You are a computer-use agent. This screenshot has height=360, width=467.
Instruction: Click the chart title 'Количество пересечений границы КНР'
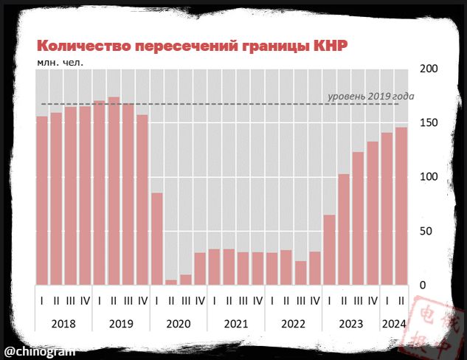192,46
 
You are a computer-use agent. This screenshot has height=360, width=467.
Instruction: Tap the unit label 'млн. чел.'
60,62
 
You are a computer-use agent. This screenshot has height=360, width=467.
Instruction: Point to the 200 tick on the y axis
429,69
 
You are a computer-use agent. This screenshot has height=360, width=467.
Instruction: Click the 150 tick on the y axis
429,123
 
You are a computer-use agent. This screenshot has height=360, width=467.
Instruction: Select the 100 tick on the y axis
429,177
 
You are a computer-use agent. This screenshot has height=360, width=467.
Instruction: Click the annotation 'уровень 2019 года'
370,97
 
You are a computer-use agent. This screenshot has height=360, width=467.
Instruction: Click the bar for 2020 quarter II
171,282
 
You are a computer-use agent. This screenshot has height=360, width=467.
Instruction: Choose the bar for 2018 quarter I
42,200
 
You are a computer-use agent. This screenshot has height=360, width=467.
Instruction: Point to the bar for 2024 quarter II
401,206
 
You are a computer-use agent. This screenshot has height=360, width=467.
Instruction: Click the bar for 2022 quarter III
300,272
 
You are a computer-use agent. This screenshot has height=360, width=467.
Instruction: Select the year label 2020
179,322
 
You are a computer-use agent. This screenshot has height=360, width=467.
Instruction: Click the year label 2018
63,322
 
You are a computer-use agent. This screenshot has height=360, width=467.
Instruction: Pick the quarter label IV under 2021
257,300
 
